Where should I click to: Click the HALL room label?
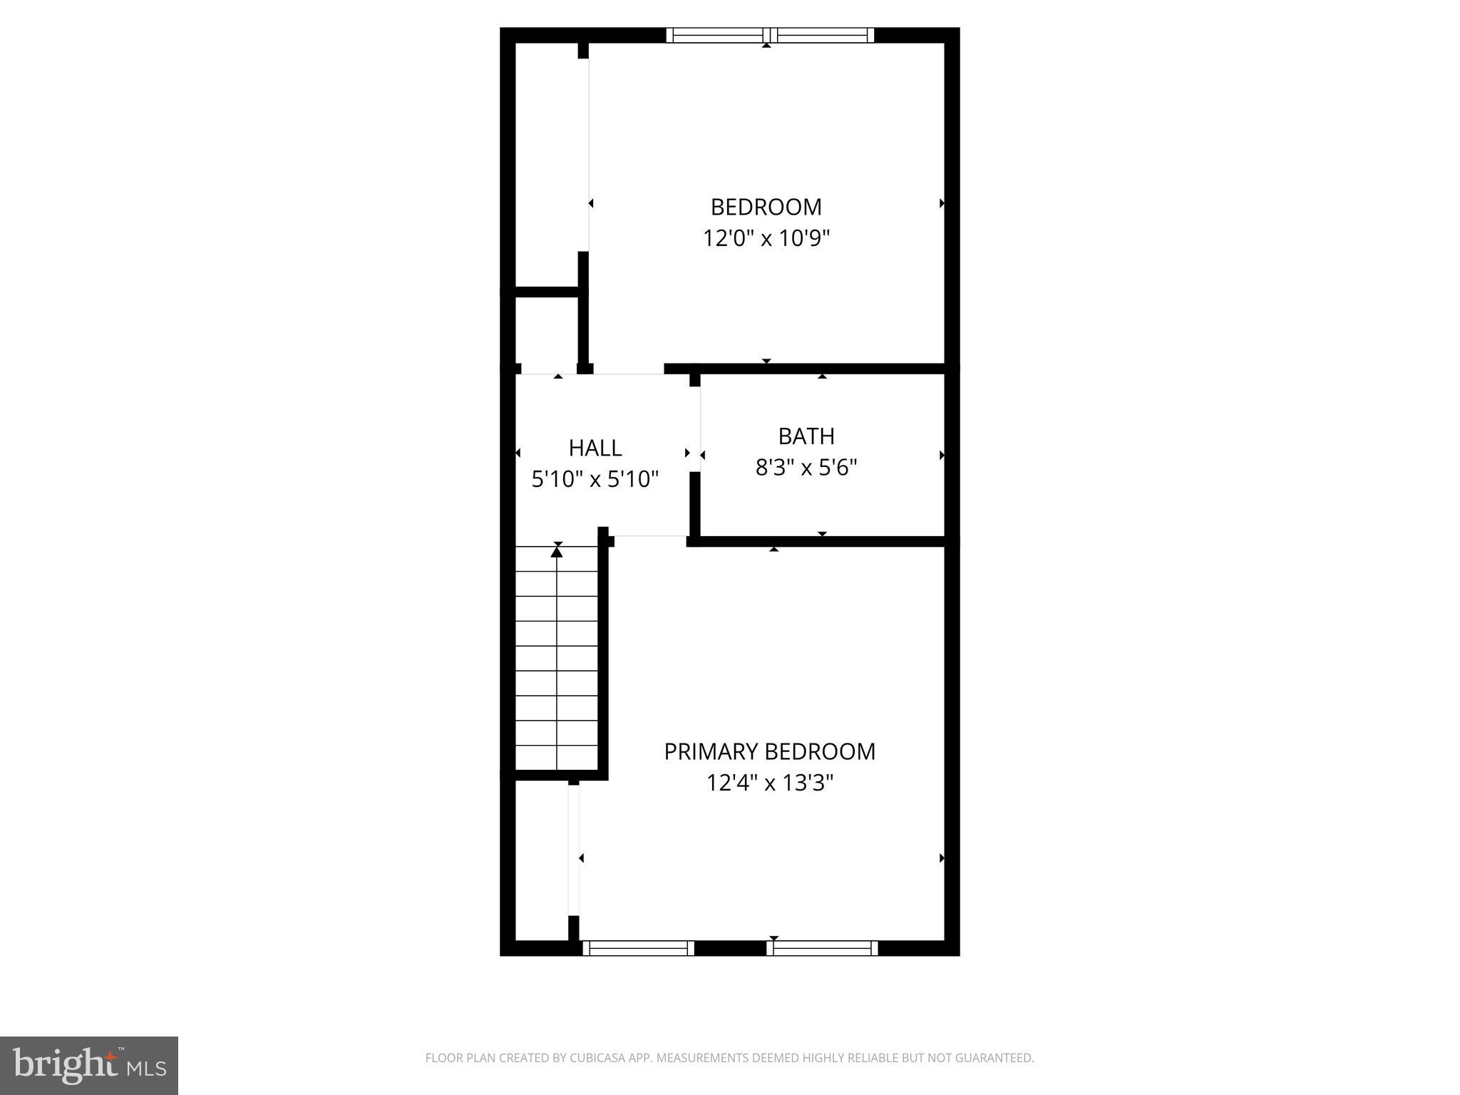tap(595, 448)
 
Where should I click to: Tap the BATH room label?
tap(806, 436)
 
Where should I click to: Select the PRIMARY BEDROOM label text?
tap(769, 751)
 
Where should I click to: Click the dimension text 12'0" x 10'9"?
tap(766, 238)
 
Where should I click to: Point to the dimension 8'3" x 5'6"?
tap(806, 468)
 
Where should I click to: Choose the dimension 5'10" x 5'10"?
tap(595, 479)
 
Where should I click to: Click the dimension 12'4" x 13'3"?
tap(769, 783)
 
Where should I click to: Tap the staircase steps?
tap(557, 670)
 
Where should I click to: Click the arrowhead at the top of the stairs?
tap(557, 550)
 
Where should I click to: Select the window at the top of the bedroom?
tap(770, 36)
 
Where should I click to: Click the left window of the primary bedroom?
tap(638, 948)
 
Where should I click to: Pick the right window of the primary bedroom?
tap(822, 948)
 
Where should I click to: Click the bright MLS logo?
tap(89, 1065)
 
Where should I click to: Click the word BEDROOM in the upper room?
tap(766, 207)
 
